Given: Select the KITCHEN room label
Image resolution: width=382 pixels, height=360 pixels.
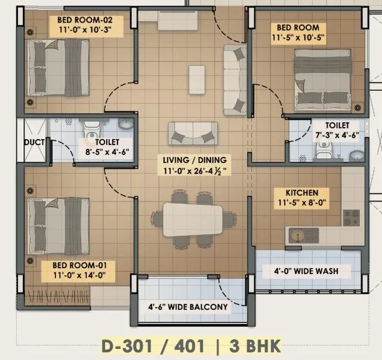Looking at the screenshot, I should pos(301,193).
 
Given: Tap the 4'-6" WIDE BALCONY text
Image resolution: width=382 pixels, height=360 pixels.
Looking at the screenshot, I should pos(188,307).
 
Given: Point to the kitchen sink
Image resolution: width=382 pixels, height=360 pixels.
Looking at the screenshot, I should pos(298,232).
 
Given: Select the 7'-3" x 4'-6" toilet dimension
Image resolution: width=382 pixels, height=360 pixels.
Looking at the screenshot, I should pos(327,136).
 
